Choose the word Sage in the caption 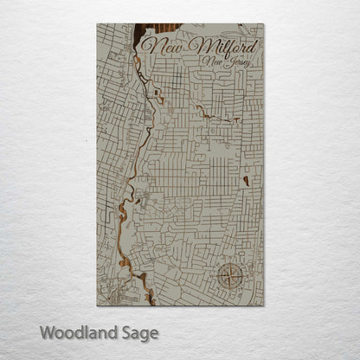(x=139, y=332)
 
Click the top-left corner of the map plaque (x=96, y=23)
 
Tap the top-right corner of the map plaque (x=264, y=23)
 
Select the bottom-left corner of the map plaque (x=96, y=305)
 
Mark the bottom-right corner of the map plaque (x=264, y=305)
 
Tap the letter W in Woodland (x=47, y=331)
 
